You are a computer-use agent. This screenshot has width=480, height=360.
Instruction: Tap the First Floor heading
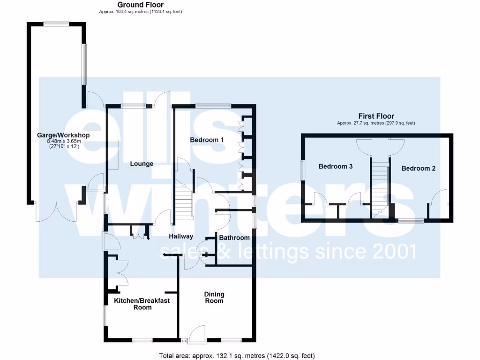tap(376, 116)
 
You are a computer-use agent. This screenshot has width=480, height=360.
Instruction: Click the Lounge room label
tap(142, 164)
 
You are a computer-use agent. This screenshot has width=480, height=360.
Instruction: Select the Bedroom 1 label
tap(207, 140)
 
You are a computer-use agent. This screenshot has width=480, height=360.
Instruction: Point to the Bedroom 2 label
tap(418, 168)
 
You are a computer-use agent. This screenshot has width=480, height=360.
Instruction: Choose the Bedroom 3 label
tap(336, 166)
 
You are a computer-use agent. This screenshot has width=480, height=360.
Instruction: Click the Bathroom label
tap(235, 238)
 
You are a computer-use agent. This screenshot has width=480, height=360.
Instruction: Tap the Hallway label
tap(181, 236)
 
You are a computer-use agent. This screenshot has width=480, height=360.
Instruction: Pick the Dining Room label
tap(214, 298)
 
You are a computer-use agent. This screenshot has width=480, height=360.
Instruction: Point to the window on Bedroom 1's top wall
tap(213, 105)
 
